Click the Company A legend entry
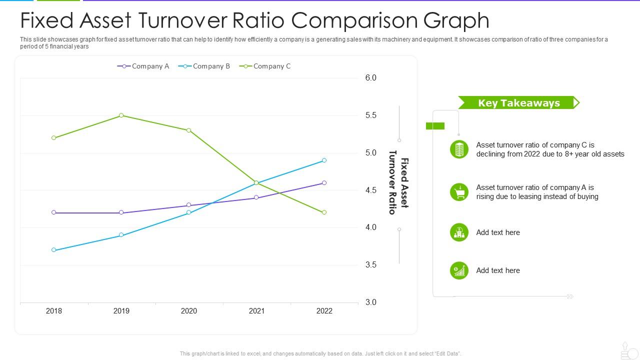coord(143,66)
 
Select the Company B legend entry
coord(204,66)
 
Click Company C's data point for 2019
coord(121,115)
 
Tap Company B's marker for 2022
coord(324,160)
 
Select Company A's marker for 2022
coord(324,183)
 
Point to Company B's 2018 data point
coord(54,250)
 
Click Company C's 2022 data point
coord(324,212)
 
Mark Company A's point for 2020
coord(188,205)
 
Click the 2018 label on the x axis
coord(54,311)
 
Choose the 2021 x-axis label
coord(256,311)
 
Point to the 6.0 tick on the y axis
coord(370,78)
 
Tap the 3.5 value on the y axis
coord(370,265)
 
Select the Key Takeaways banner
coord(518,103)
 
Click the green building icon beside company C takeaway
coord(459,149)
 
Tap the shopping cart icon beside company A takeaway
coord(459,192)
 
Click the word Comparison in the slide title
coord(355,20)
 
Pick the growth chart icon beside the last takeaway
coord(459,270)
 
